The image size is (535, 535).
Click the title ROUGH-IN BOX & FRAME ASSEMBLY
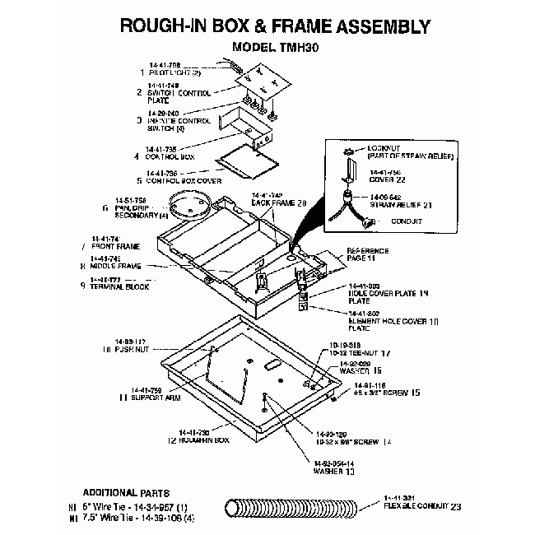[275, 26]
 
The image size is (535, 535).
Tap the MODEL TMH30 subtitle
[275, 48]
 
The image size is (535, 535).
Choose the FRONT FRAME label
[118, 245]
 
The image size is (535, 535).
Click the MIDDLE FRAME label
[116, 266]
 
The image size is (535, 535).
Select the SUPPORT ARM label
[151, 397]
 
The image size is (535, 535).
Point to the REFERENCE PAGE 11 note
[367, 254]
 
